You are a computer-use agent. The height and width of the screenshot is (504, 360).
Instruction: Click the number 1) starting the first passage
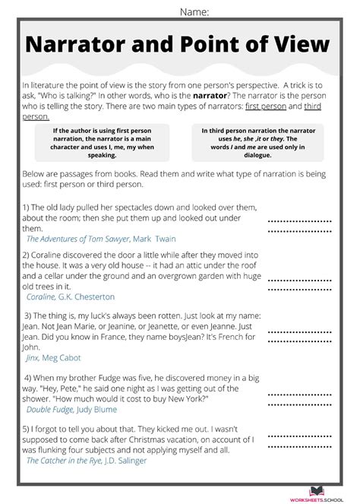click(x=26, y=207)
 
